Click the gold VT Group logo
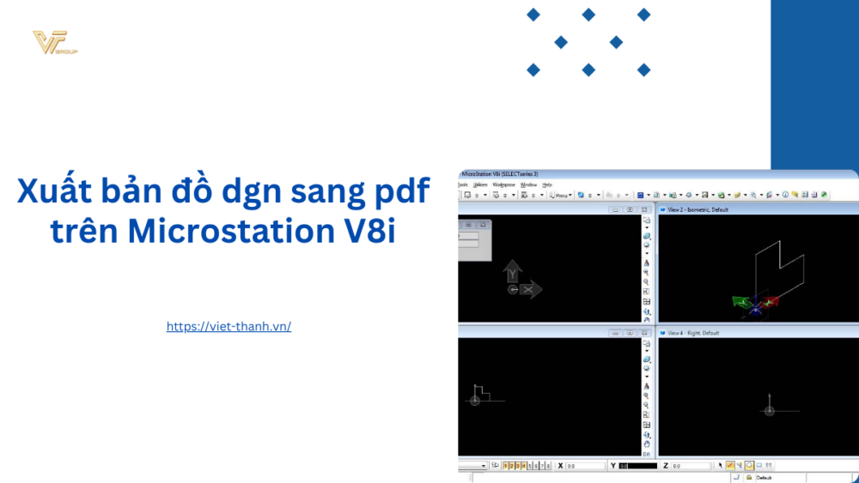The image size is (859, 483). pyautogui.click(x=54, y=42)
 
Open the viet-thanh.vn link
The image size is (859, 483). pyautogui.click(x=228, y=326)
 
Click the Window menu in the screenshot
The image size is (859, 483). pyautogui.click(x=528, y=184)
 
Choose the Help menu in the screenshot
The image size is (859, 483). pyautogui.click(x=547, y=184)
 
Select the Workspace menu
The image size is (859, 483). pyautogui.click(x=503, y=184)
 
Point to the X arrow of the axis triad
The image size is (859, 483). pyautogui.click(x=531, y=290)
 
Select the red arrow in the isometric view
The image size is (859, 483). pyautogui.click(x=771, y=301)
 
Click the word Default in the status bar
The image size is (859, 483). pyautogui.click(x=765, y=477)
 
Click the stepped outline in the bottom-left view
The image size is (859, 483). pyautogui.click(x=483, y=392)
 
